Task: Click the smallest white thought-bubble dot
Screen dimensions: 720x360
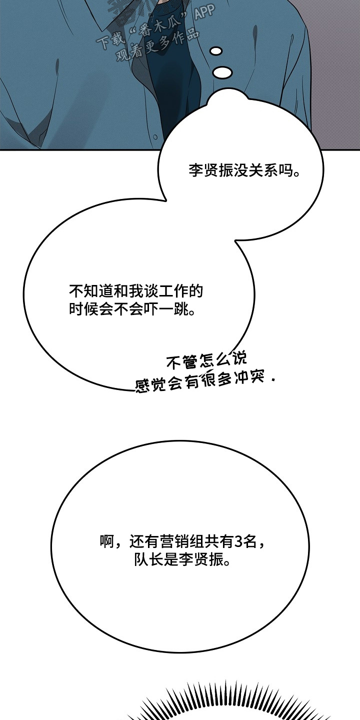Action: (x=216, y=51)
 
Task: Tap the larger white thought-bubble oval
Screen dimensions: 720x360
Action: (x=222, y=72)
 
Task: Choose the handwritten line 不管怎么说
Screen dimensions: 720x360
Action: (x=206, y=360)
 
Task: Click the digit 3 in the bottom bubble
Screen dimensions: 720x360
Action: (x=238, y=541)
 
